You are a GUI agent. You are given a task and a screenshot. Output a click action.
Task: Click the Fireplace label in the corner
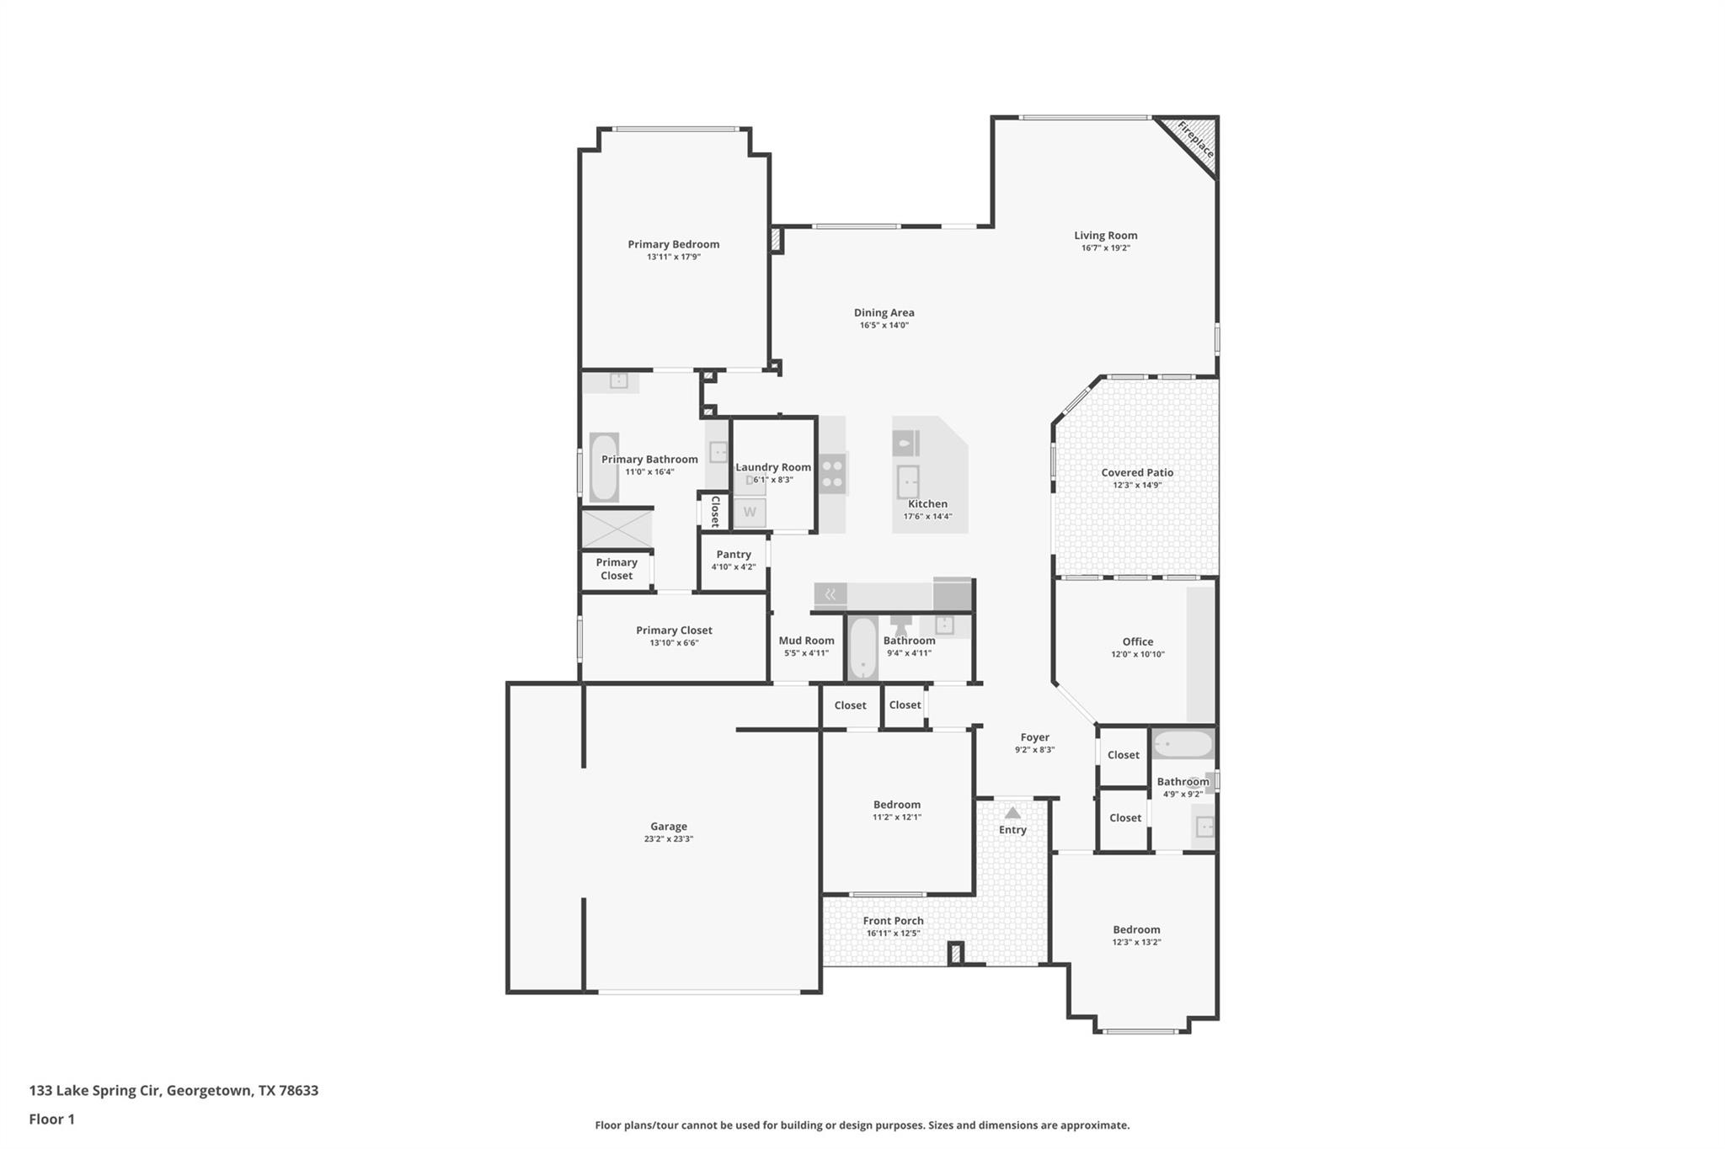click(1195, 141)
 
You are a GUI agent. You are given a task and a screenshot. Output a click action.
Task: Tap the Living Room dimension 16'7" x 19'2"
click(1105, 248)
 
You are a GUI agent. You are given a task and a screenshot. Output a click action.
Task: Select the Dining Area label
click(884, 312)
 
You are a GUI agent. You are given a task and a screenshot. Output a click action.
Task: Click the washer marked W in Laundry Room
click(750, 512)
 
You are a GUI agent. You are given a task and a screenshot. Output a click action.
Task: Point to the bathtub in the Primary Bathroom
click(604, 467)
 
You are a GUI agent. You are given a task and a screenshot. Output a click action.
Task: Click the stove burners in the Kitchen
click(832, 473)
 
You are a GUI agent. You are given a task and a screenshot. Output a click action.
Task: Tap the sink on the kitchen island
click(908, 483)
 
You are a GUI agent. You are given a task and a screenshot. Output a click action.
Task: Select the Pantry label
click(733, 555)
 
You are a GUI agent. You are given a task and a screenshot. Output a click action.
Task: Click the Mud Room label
click(806, 641)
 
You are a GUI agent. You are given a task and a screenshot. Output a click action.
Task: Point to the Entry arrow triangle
click(1012, 813)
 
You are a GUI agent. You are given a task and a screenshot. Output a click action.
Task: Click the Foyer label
click(1034, 737)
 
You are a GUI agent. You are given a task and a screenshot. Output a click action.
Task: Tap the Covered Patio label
click(1137, 472)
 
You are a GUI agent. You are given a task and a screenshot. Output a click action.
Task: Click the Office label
click(1137, 641)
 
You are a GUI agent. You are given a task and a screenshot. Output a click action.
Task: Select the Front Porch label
click(893, 921)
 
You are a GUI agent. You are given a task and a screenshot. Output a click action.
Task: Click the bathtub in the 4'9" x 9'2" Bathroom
click(1183, 744)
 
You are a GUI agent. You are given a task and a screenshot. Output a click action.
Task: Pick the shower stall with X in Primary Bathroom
click(617, 529)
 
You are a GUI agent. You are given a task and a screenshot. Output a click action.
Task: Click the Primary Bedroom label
click(673, 244)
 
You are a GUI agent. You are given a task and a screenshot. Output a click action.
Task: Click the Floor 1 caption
click(51, 1120)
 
